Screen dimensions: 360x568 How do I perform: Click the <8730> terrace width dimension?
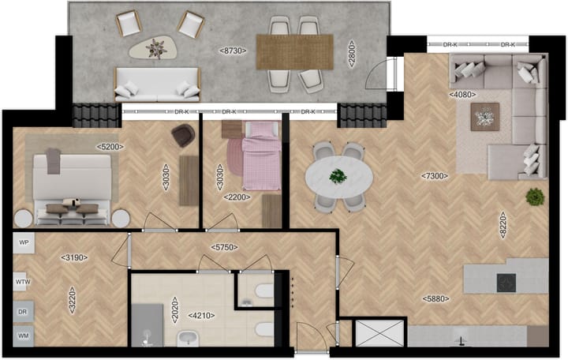pyautogui.click(x=233, y=50)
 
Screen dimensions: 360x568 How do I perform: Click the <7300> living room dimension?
pyautogui.click(x=435, y=175)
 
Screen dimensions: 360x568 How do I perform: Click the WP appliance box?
pyautogui.click(x=23, y=242)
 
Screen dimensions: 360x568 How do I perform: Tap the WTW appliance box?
pyautogui.click(x=23, y=280)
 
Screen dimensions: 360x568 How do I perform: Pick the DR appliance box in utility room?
pyautogui.click(x=23, y=312)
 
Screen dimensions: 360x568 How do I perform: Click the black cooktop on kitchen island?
pyautogui.click(x=506, y=281)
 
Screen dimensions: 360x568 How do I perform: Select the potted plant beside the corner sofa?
pyautogui.click(x=535, y=196)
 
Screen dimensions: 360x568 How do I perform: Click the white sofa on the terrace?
pyautogui.click(x=157, y=83)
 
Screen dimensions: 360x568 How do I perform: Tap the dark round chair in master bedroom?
pyautogui.click(x=182, y=136)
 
